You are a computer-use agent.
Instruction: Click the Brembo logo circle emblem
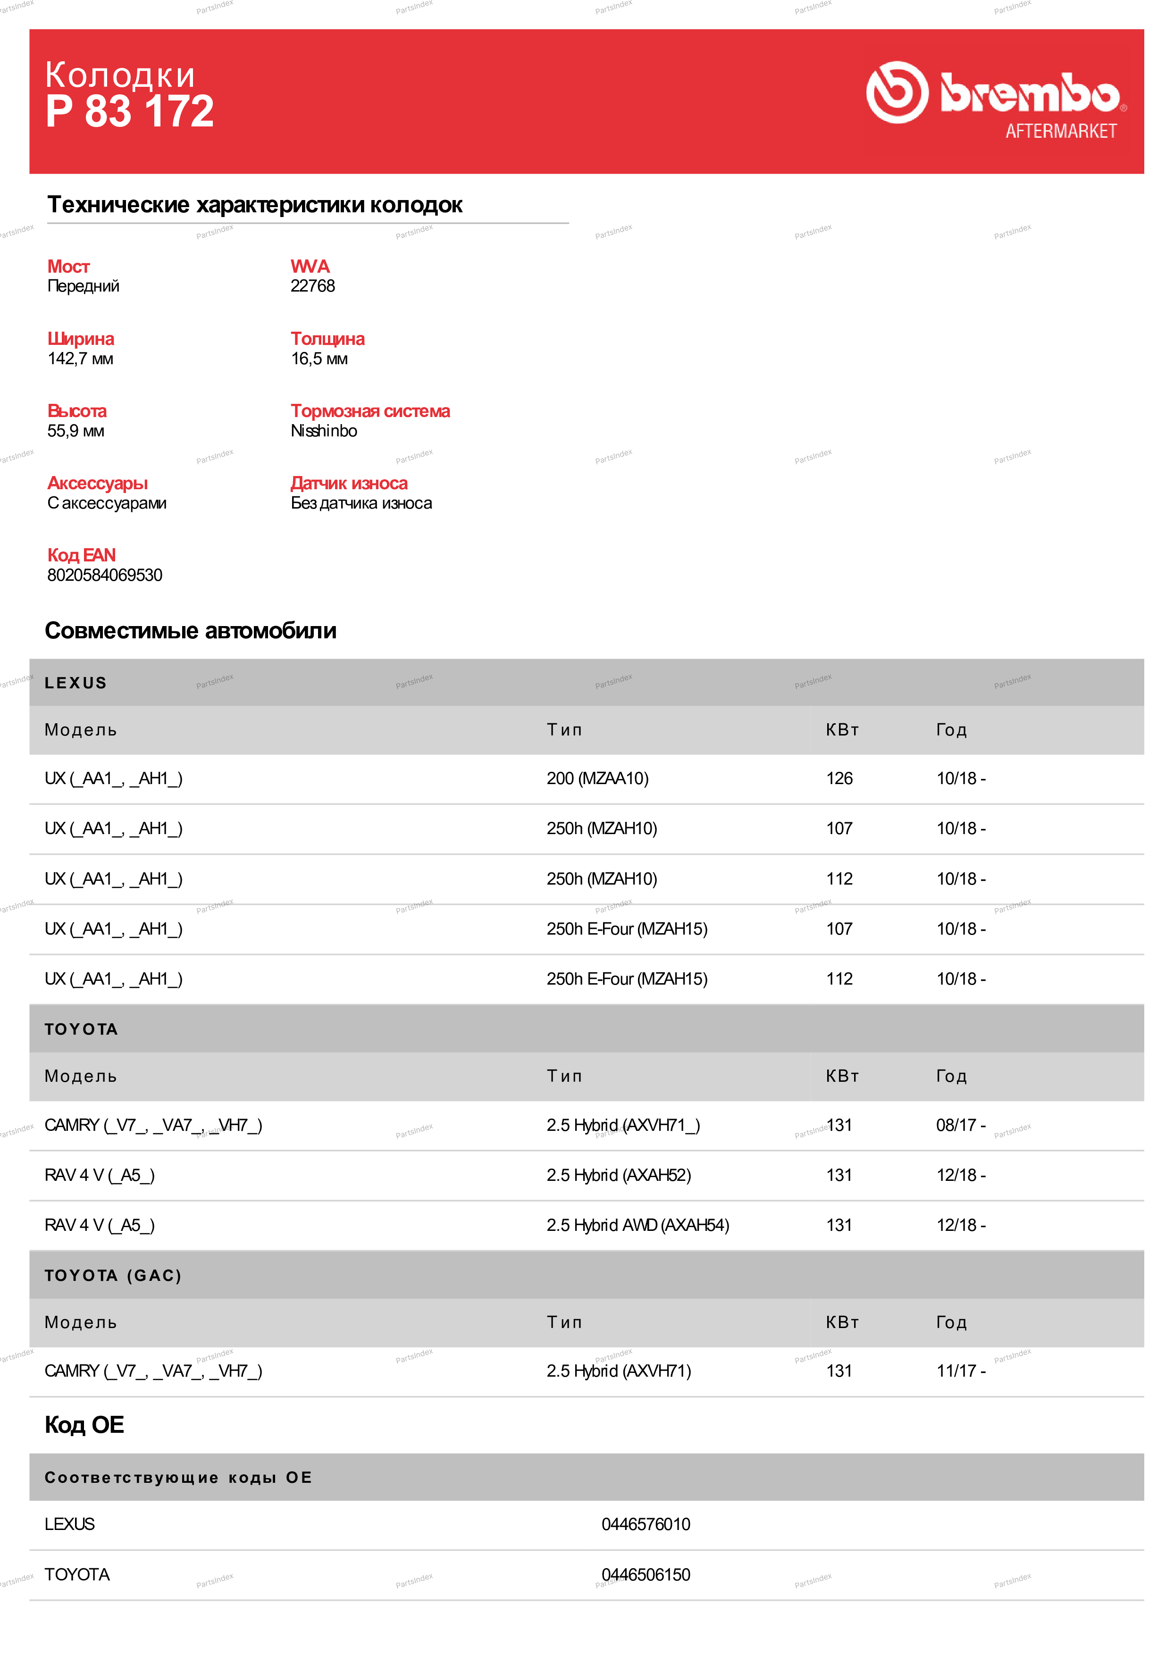pyautogui.click(x=897, y=92)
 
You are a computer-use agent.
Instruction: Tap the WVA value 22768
pyautogui.click(x=312, y=286)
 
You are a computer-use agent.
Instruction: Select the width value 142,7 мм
pyautogui.click(x=80, y=359)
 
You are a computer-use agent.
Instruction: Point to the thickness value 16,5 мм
pyautogui.click(x=319, y=359)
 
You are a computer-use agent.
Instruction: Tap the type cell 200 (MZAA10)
pyautogui.click(x=597, y=778)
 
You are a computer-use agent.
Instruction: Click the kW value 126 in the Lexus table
pyautogui.click(x=839, y=778)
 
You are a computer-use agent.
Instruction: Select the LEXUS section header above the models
pyautogui.click(x=76, y=683)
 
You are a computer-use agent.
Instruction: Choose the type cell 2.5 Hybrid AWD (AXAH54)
pyautogui.click(x=637, y=1225)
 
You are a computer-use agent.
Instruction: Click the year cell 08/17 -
pyautogui.click(x=960, y=1125)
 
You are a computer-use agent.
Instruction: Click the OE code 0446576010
pyautogui.click(x=646, y=1524)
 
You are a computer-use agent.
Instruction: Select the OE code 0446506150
pyautogui.click(x=646, y=1575)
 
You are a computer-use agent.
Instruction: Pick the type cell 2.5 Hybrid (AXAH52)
pyautogui.click(x=618, y=1175)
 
